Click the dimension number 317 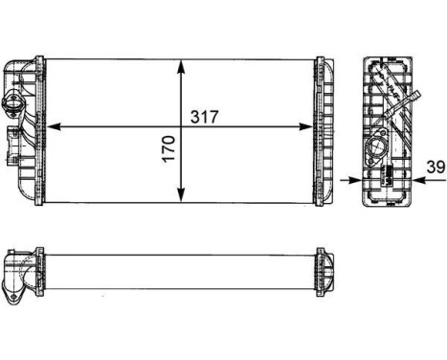207,117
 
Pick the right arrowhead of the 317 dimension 308,125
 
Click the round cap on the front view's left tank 15,103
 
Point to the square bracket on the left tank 13,141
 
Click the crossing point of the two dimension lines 182,125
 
